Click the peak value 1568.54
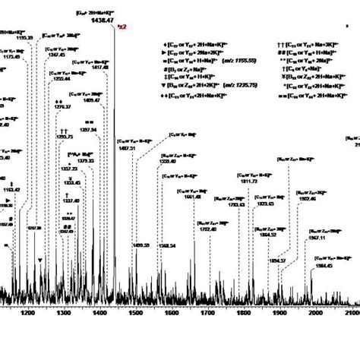(166, 245)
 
